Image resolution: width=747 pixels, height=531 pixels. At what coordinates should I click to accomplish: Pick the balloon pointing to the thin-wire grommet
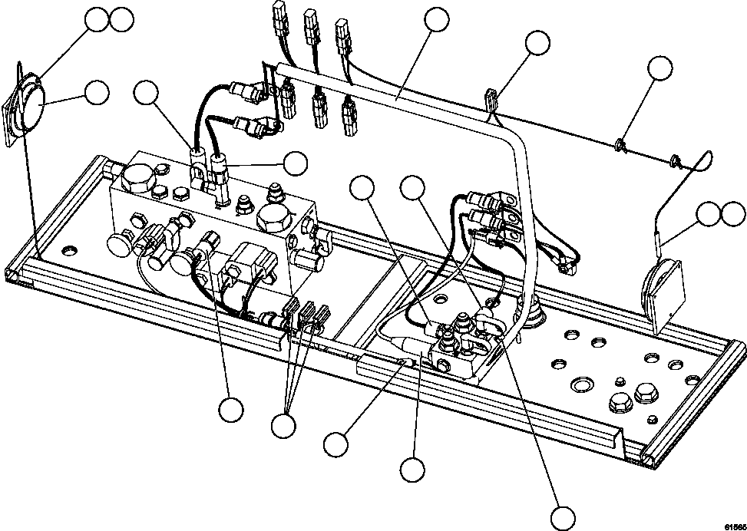659,68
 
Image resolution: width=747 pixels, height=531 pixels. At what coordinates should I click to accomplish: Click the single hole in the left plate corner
70,250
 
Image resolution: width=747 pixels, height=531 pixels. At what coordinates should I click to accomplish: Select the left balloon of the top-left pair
97,20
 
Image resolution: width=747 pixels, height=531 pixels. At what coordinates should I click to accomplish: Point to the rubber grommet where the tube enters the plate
534,314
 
